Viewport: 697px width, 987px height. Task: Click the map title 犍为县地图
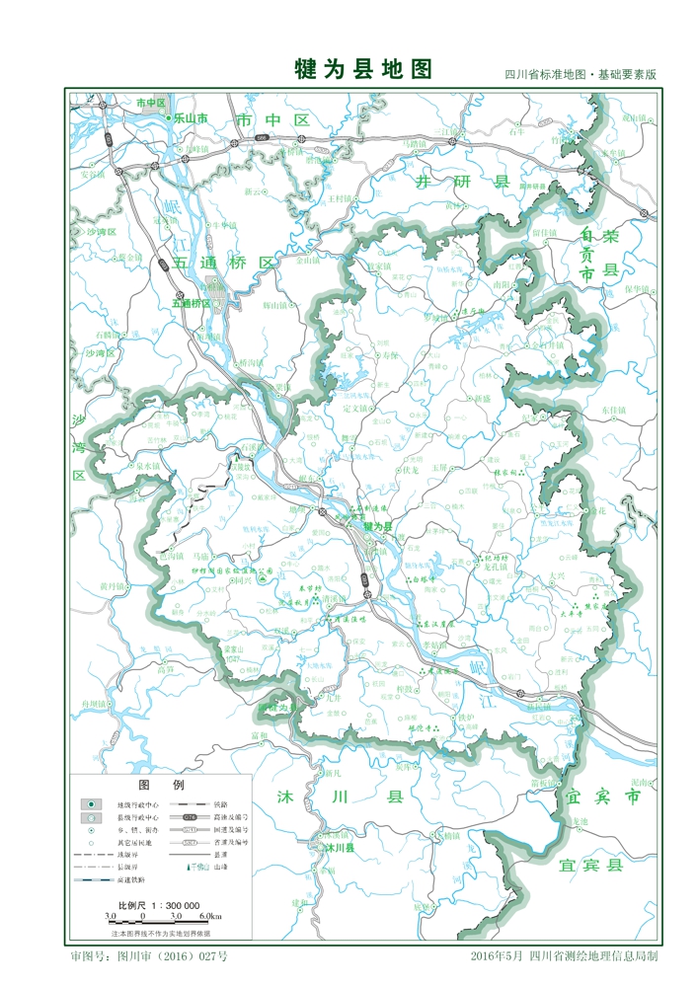click(x=364, y=69)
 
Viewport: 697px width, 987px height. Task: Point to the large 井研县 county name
click(x=461, y=183)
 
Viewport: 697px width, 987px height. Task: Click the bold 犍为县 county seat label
click(x=378, y=528)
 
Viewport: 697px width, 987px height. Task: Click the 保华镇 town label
click(x=637, y=289)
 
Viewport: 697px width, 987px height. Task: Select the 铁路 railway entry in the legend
click(x=220, y=804)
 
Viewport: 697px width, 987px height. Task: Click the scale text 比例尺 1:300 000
click(x=159, y=904)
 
